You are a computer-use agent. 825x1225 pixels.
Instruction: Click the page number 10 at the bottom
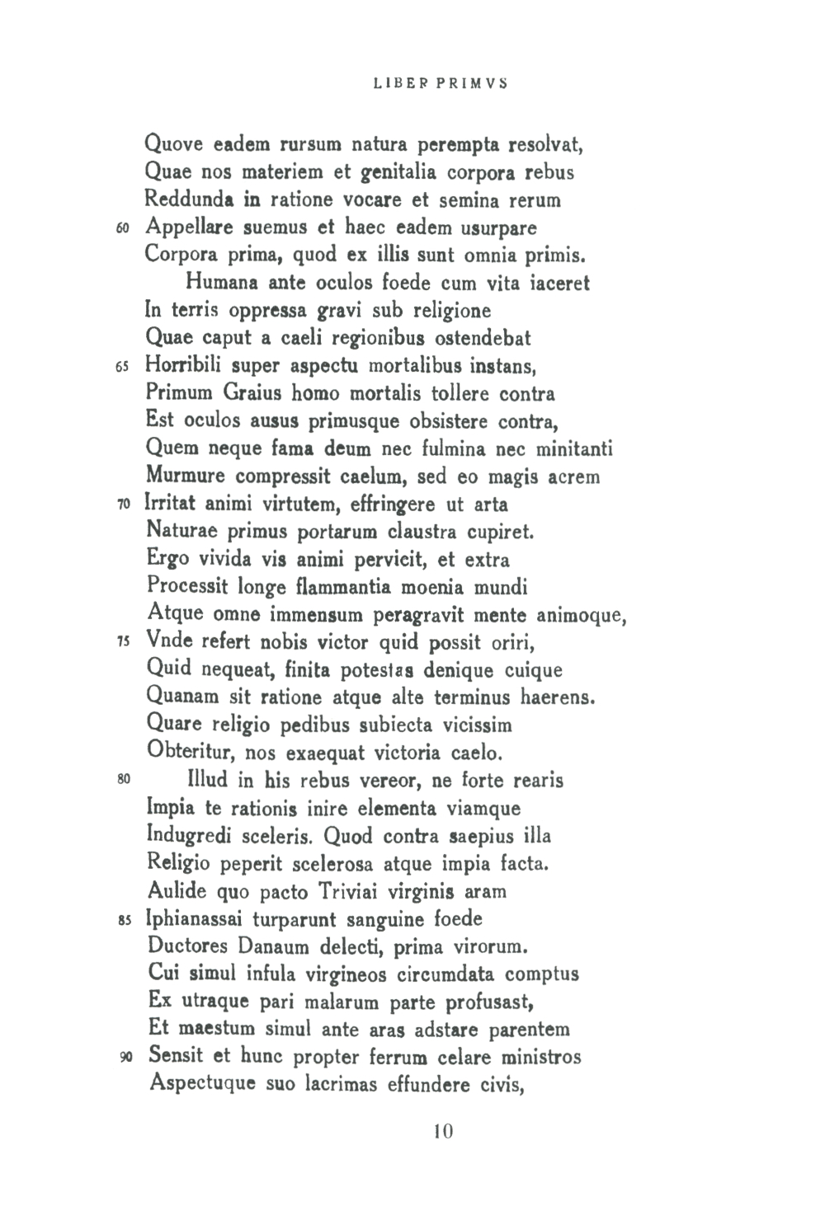(442, 1131)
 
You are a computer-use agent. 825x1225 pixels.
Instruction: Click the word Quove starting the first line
(173, 146)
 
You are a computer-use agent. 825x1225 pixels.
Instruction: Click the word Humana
(219, 284)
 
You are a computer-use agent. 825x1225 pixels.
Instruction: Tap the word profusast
(491, 1002)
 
